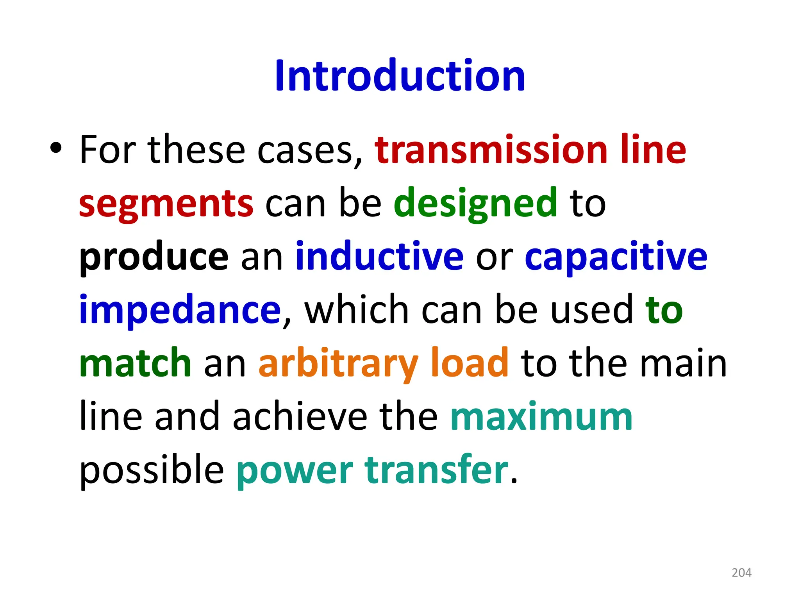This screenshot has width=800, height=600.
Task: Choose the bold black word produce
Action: pos(154,257)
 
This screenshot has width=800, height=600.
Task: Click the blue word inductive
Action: pos(379,256)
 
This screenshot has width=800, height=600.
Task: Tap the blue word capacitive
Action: pos(616,257)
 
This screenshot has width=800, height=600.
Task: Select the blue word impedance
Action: pos(180,310)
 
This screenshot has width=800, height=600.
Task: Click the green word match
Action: pos(135,363)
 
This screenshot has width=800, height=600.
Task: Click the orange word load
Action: pos(470,363)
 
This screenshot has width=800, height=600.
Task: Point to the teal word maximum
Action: pos(541,417)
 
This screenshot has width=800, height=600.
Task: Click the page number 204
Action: pos(741,573)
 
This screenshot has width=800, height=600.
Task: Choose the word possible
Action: pos(152,470)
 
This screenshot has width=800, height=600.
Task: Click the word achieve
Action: pos(300,416)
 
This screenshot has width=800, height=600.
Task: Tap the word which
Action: pos(356,310)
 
